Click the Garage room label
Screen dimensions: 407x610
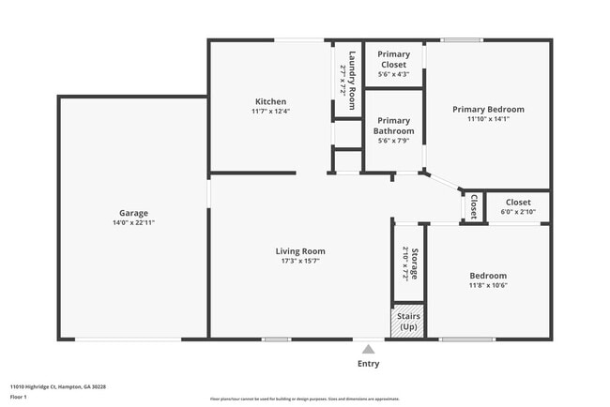pyautogui.click(x=133, y=213)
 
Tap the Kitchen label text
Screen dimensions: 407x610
pyautogui.click(x=270, y=101)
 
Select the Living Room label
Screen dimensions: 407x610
pyautogui.click(x=300, y=250)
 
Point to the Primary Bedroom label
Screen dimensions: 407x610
pyautogui.click(x=488, y=109)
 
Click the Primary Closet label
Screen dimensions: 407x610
pyautogui.click(x=393, y=59)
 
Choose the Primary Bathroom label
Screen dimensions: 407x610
pyautogui.click(x=393, y=126)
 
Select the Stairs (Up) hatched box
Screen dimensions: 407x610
pyautogui.click(x=408, y=321)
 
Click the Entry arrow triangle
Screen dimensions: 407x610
pyautogui.click(x=369, y=348)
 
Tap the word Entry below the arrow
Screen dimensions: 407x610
pyautogui.click(x=369, y=364)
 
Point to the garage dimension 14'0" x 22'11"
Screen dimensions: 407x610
pyautogui.click(x=133, y=223)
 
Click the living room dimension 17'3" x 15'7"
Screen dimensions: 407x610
pyautogui.click(x=300, y=261)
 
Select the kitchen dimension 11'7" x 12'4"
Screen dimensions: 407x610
pyautogui.click(x=270, y=112)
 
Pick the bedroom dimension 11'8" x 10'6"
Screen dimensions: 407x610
pyautogui.click(x=488, y=286)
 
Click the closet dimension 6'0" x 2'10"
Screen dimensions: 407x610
pyautogui.click(x=518, y=213)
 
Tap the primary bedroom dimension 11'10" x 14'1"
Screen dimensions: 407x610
pyautogui.click(x=488, y=119)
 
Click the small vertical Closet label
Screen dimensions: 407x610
pyautogui.click(x=473, y=206)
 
